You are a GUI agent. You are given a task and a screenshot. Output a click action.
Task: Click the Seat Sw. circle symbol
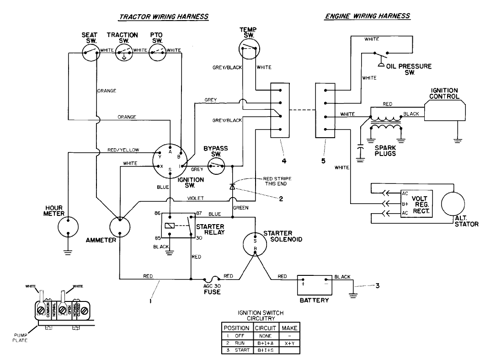click(91, 53)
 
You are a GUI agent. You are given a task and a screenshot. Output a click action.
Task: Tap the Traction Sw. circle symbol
click(123, 53)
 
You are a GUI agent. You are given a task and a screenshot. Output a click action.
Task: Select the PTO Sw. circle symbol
click(158, 53)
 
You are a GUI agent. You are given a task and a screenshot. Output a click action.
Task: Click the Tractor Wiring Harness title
click(164, 16)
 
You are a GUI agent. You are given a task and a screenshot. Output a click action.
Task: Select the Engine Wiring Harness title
click(367, 16)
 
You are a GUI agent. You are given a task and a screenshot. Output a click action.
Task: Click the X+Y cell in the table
click(289, 342)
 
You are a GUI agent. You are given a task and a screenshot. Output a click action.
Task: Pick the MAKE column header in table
click(289, 328)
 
